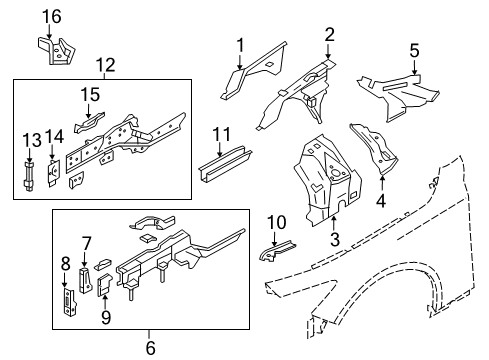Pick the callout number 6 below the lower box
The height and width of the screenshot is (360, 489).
[x=151, y=346]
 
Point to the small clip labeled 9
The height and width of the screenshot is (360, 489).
[x=103, y=286]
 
